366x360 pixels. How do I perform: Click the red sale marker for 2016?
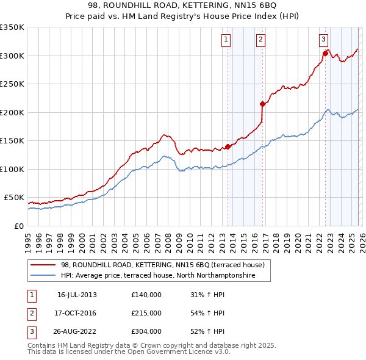(x=262, y=104)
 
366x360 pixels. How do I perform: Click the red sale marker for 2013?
(x=228, y=146)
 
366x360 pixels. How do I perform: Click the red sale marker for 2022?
(x=325, y=53)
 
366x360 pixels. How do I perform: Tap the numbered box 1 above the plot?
(x=226, y=40)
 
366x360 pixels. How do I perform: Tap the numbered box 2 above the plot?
(x=260, y=40)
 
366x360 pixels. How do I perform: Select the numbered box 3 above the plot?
(x=323, y=40)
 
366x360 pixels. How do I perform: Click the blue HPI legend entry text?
(x=165, y=276)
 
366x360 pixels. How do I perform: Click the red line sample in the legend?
(x=43, y=265)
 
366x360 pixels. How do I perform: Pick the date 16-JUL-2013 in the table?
(x=77, y=295)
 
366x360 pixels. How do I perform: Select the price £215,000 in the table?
(x=146, y=313)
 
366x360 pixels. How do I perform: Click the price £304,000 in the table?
(x=146, y=331)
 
